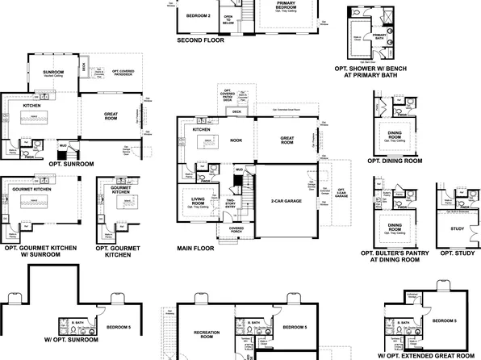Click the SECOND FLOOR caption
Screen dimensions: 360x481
coord(199,40)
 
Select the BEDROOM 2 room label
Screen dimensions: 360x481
coord(198,15)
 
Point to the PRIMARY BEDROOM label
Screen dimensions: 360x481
coord(281,6)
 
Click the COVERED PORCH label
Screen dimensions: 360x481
coord(236,229)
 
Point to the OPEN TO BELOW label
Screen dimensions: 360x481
coord(228,19)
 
